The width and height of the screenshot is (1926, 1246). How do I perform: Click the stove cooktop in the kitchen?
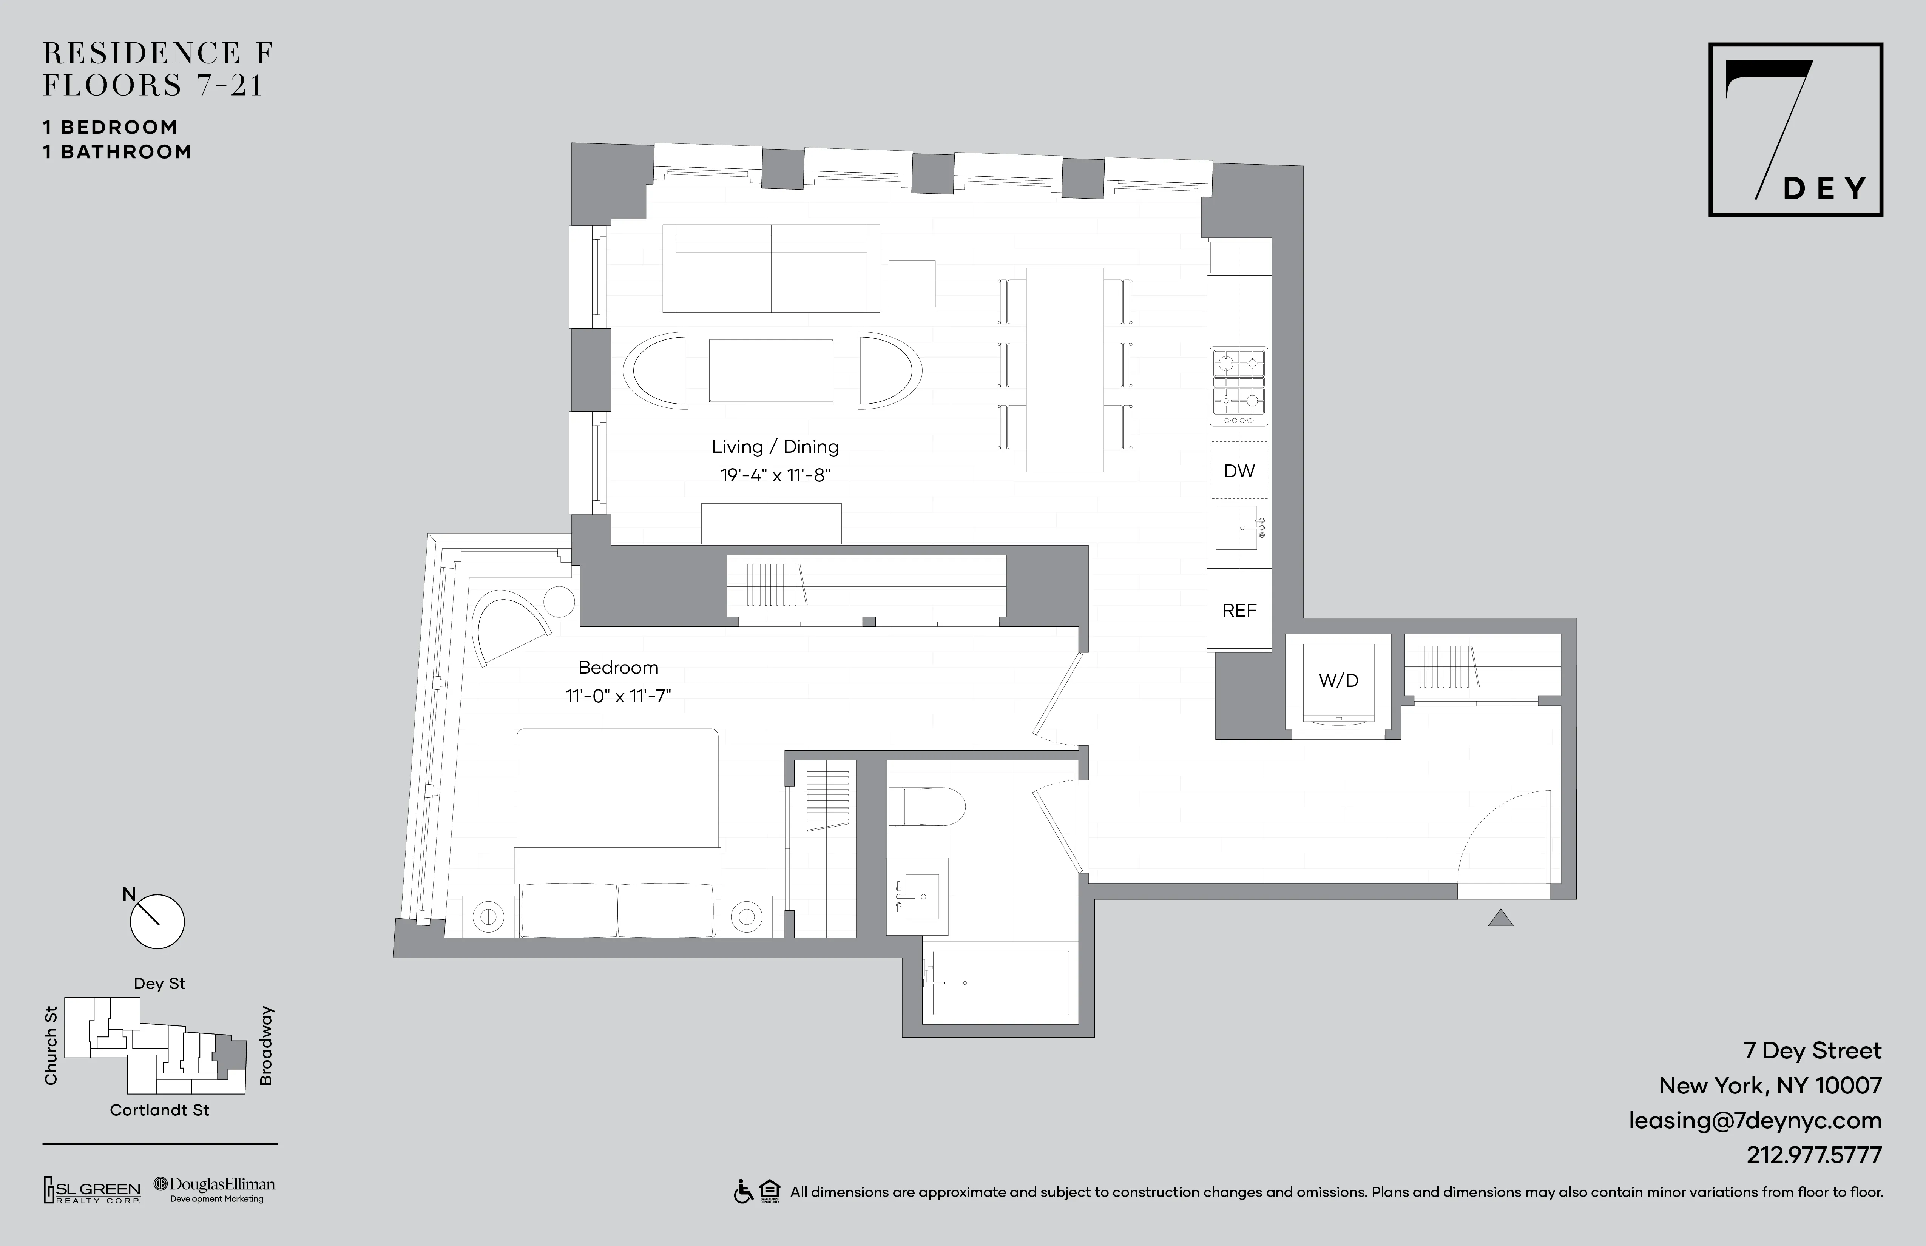point(1238,387)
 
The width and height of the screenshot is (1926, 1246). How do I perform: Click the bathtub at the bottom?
point(1001,983)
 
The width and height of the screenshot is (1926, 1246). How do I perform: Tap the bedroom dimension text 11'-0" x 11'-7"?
point(618,696)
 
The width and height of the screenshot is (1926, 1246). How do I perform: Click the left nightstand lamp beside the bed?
point(488,917)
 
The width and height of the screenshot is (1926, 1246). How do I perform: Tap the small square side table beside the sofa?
point(912,283)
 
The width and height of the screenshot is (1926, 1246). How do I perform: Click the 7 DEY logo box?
point(1795,130)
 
